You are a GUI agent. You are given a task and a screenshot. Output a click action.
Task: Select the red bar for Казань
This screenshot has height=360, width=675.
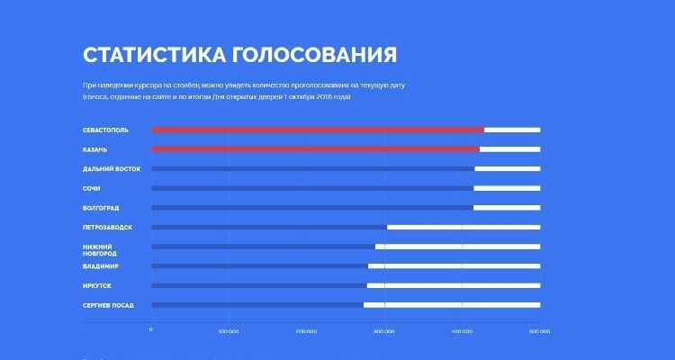click(x=315, y=149)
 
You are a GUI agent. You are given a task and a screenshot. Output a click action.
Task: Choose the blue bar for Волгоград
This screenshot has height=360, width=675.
click(x=311, y=208)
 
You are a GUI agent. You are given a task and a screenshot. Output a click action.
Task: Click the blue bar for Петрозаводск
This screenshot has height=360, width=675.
click(x=269, y=227)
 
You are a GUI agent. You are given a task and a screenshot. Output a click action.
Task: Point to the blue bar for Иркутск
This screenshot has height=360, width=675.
click(x=259, y=285)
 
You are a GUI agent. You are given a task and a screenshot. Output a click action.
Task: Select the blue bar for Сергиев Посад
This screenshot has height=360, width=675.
click(x=257, y=305)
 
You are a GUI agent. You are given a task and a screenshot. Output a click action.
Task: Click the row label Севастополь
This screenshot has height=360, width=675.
click(x=105, y=130)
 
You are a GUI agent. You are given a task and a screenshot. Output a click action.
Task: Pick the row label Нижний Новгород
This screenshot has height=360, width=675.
click(x=99, y=250)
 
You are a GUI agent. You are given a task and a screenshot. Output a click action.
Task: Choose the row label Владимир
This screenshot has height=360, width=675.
click(x=101, y=266)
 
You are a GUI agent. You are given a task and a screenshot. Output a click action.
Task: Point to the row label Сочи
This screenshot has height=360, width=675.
click(x=91, y=188)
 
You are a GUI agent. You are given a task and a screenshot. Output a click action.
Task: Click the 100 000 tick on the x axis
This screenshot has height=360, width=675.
click(x=229, y=330)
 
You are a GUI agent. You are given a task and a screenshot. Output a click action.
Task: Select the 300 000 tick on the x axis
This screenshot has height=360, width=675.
click(x=384, y=330)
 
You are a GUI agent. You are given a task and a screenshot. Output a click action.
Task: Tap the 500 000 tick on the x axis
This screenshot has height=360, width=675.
click(x=539, y=330)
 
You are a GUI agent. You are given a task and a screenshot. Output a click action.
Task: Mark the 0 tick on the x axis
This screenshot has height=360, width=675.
click(x=151, y=329)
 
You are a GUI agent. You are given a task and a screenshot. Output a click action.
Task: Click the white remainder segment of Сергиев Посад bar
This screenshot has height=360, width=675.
click(x=452, y=305)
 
